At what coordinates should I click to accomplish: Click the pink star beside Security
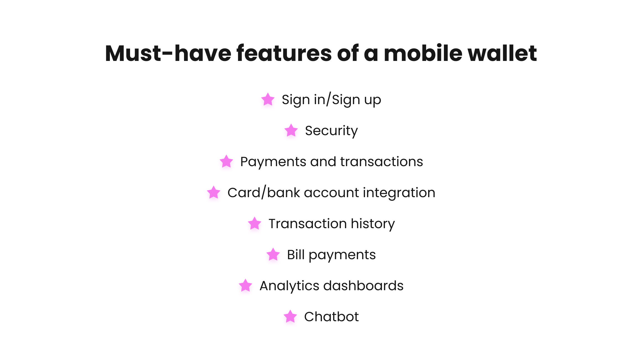[x=291, y=130]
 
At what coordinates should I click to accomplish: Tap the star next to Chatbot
[x=290, y=317]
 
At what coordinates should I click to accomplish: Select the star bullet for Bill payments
[x=273, y=254]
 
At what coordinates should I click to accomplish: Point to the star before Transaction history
[x=255, y=223]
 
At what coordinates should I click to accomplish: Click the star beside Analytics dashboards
[x=245, y=286]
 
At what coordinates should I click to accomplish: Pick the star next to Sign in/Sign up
[x=268, y=99]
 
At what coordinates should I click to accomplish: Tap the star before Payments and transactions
[x=226, y=161]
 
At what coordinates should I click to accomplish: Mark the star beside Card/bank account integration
[x=214, y=192]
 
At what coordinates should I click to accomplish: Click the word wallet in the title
[x=502, y=53]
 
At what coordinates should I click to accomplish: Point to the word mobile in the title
[x=423, y=53]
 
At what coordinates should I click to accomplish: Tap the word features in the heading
[x=284, y=53]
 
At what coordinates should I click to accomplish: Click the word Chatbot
[x=331, y=317]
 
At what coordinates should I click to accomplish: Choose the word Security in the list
[x=331, y=131]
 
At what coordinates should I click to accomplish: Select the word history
[x=373, y=224]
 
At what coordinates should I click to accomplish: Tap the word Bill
[x=296, y=254]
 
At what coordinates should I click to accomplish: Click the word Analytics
[x=289, y=286]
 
